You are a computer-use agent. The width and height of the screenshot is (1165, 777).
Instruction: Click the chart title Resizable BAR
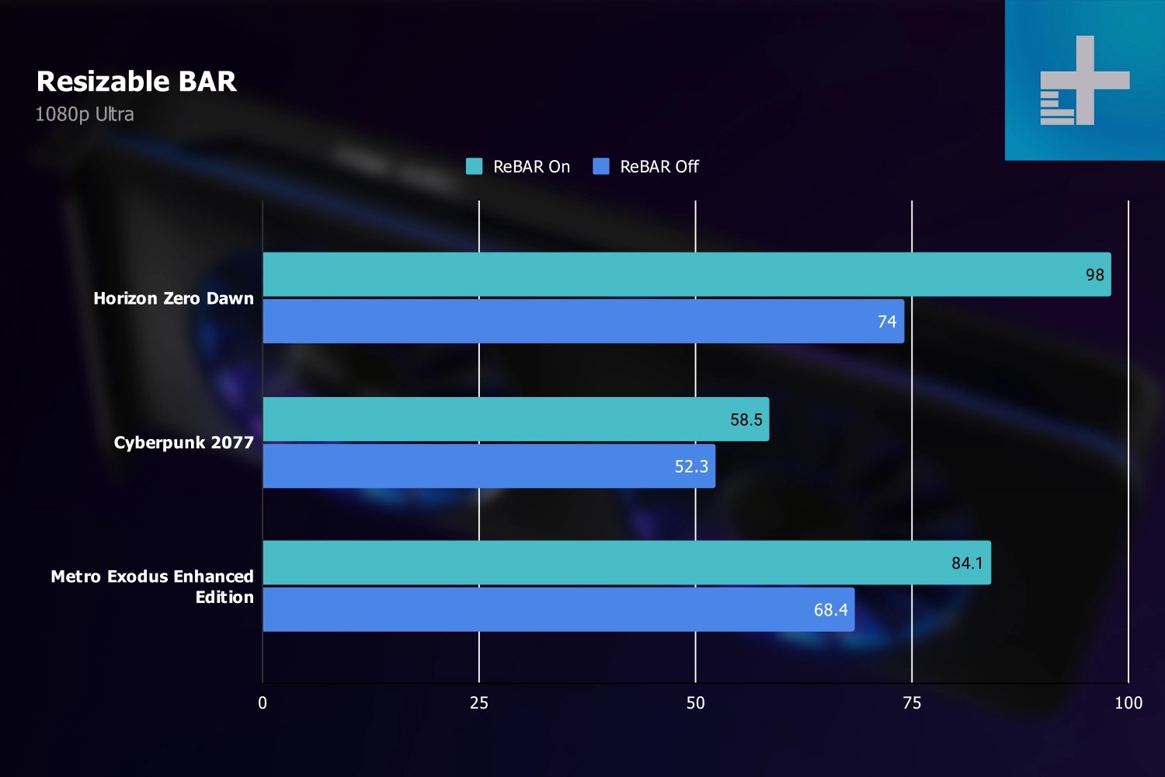pyautogui.click(x=137, y=82)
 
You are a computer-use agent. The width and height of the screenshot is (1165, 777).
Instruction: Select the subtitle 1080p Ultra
pyautogui.click(x=85, y=114)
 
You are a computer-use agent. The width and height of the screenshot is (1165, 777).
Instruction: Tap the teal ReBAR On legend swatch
pyautogui.click(x=474, y=166)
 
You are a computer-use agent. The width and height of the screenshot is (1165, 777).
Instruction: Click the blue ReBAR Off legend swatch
pyautogui.click(x=600, y=166)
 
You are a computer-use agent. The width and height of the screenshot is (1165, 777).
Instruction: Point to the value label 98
pyautogui.click(x=1094, y=275)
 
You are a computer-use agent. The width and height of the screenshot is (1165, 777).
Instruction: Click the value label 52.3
pyautogui.click(x=691, y=466)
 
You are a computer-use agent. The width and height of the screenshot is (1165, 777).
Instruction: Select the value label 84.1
pyautogui.click(x=967, y=563)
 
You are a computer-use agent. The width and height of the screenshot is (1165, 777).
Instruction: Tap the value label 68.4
pyautogui.click(x=830, y=610)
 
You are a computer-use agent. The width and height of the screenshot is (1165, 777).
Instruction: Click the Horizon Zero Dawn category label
pyautogui.click(x=173, y=298)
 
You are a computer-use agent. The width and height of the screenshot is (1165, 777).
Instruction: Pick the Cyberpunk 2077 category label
pyautogui.click(x=183, y=443)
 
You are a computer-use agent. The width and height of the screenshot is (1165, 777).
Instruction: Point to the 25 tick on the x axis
pyautogui.click(x=479, y=703)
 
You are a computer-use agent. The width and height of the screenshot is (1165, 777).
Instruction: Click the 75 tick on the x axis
pyautogui.click(x=912, y=703)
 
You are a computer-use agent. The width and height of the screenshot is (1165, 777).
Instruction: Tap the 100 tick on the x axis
pyautogui.click(x=1128, y=703)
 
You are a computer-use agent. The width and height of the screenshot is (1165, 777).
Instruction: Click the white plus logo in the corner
pyautogui.click(x=1085, y=80)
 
